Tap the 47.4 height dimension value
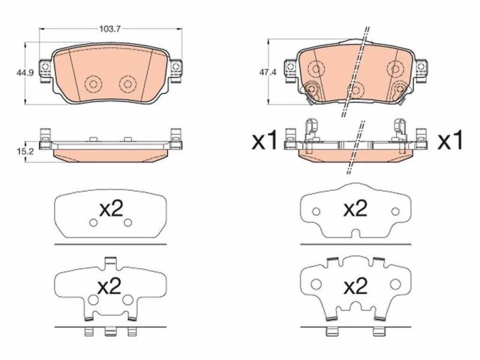point(268,73)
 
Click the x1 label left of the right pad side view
point(264,141)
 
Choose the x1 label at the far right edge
point(450,141)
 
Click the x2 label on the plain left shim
point(111,209)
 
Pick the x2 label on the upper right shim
point(355,209)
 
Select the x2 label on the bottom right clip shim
point(355,287)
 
